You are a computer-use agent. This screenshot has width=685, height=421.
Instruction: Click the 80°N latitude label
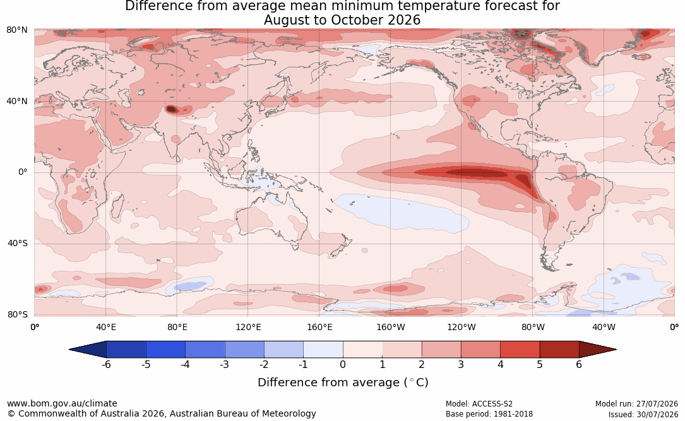(16, 30)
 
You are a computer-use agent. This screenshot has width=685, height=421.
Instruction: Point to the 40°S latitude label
(17, 243)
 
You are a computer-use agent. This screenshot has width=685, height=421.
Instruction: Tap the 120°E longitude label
(248, 327)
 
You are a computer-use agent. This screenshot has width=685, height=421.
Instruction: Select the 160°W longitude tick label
(390, 327)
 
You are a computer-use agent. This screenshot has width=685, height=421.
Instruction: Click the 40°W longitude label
(604, 327)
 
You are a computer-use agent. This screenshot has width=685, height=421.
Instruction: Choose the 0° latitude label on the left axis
(23, 172)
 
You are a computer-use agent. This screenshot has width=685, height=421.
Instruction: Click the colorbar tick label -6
(106, 364)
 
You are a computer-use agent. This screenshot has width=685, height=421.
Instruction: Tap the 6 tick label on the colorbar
(579, 364)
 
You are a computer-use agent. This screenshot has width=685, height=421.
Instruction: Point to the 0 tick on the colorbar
(342, 364)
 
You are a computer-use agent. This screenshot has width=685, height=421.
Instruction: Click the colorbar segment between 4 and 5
(520, 350)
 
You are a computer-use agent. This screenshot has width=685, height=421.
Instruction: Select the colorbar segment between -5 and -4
(165, 350)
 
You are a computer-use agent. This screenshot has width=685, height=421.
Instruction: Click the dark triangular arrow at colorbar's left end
(87, 350)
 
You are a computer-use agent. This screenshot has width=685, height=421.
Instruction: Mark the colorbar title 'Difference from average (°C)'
(343, 382)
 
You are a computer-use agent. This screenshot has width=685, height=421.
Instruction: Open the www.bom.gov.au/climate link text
(62, 403)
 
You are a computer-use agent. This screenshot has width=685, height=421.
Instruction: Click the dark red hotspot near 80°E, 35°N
(170, 109)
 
